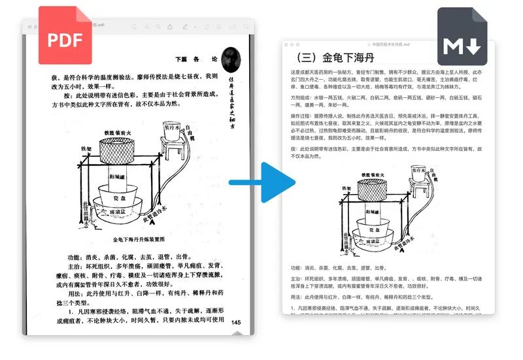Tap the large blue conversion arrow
[x=261, y=180]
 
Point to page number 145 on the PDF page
[x=236, y=321]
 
